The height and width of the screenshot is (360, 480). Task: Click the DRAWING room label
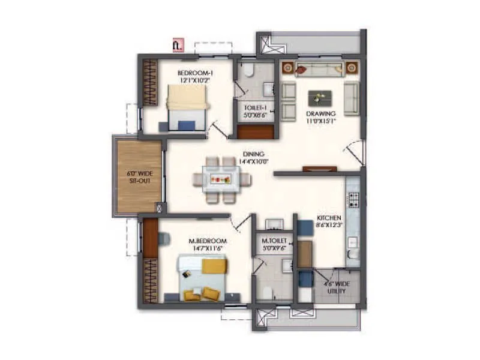tap(321, 113)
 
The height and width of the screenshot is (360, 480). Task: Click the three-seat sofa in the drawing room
tap(320, 70)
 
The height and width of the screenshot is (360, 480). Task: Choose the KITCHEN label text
tap(329, 218)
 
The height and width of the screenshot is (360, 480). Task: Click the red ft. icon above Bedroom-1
tap(177, 45)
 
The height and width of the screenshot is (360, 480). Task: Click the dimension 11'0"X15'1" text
tap(321, 121)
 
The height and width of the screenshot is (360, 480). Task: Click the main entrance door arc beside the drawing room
tap(355, 152)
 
